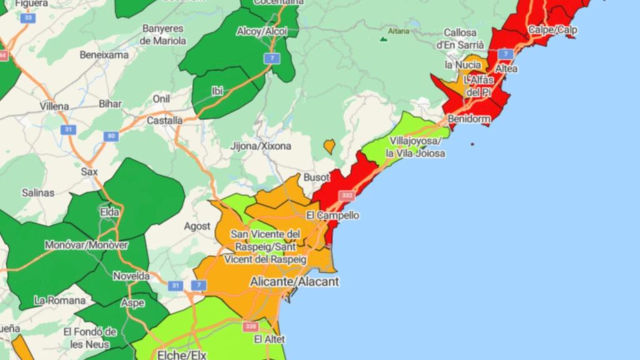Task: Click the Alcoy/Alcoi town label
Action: click(262, 31)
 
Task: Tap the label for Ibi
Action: click(217, 91)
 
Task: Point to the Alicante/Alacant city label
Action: click(294, 282)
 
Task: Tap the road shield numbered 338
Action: click(251, 326)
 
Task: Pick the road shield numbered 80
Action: click(111, 136)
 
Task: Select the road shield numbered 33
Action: click(27, 18)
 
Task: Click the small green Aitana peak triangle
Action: click(383, 39)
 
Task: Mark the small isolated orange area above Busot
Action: click(329, 146)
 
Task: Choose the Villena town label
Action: click(54, 106)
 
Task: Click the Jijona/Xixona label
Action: click(261, 146)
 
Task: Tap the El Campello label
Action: click(332, 216)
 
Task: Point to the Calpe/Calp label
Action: click(552, 29)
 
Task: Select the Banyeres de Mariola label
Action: click(163, 34)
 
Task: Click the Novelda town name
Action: click(131, 276)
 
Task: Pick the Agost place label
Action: click(197, 226)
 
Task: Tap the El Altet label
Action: click(269, 339)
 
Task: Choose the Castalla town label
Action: click(165, 120)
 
